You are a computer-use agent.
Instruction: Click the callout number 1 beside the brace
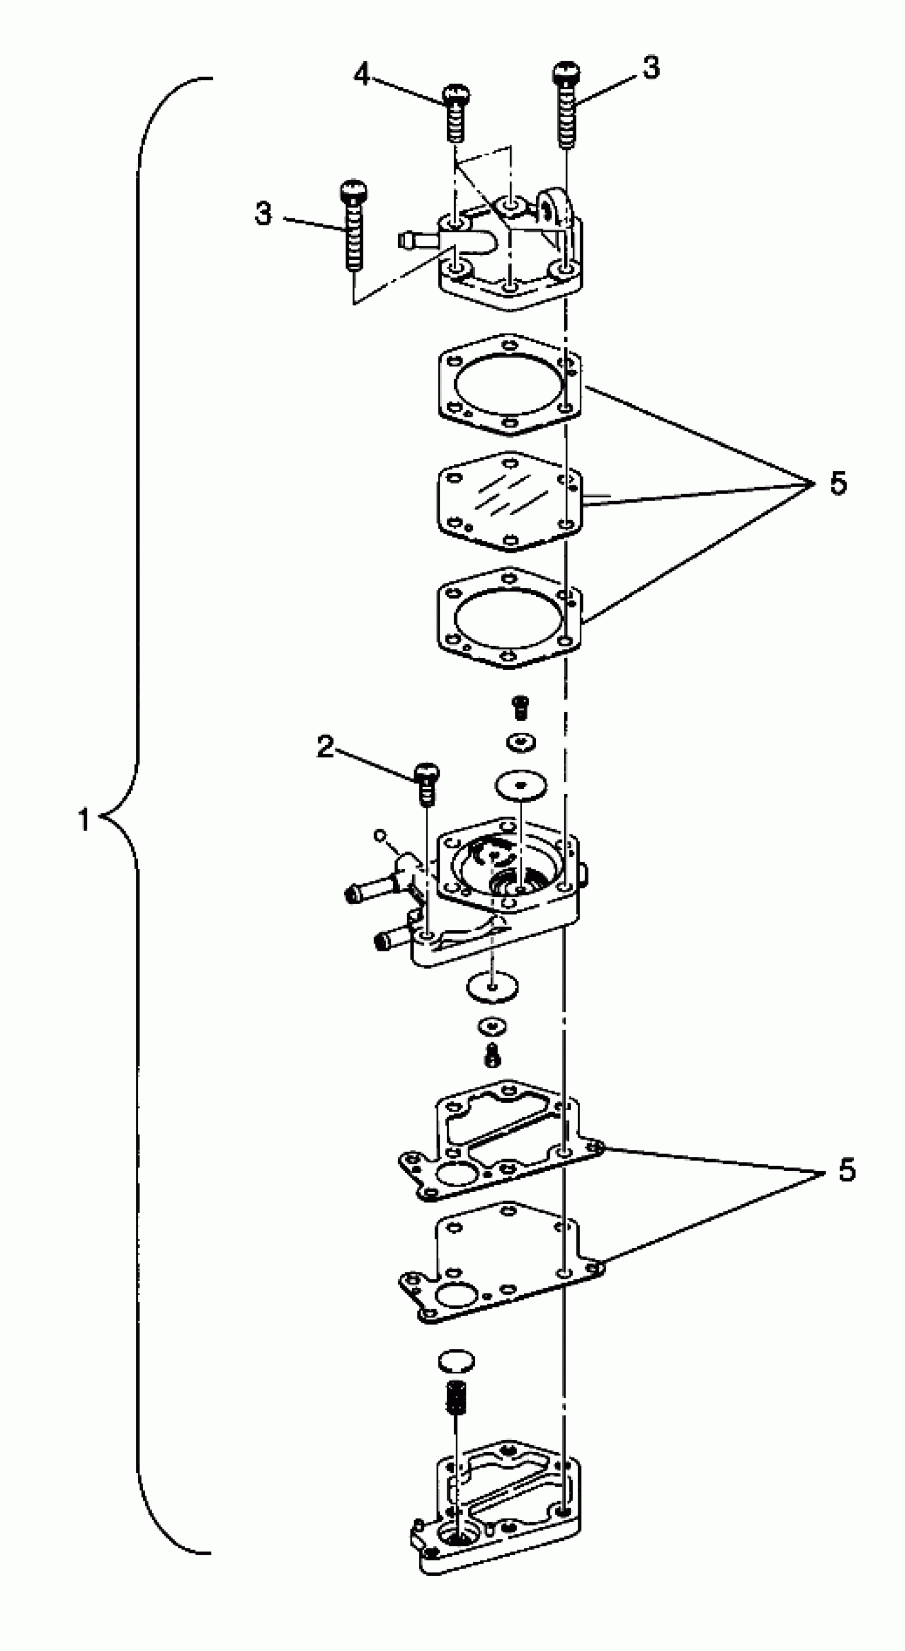(84, 820)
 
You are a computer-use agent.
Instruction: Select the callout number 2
(326, 747)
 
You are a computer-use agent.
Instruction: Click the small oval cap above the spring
(456, 1361)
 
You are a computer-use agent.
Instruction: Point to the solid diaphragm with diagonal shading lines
(509, 501)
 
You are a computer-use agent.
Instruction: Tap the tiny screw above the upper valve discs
(521, 707)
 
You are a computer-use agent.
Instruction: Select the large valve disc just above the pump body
(520, 785)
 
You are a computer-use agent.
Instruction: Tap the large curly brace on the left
(138, 814)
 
